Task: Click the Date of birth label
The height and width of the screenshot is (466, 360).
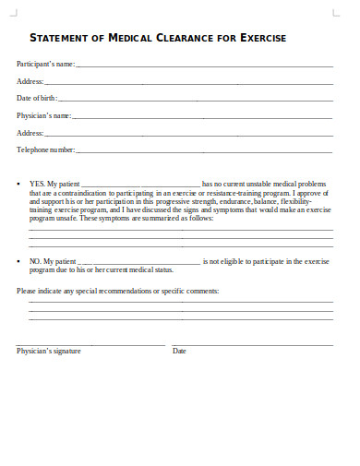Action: click(37, 98)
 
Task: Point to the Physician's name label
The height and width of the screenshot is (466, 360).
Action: click(44, 115)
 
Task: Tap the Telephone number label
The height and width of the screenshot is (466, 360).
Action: click(46, 149)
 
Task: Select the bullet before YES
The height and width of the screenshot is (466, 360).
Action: click(19, 184)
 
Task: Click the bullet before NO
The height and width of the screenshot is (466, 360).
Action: click(19, 262)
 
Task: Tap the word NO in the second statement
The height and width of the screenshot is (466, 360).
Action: click(35, 262)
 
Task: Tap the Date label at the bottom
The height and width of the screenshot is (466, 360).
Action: click(179, 351)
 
